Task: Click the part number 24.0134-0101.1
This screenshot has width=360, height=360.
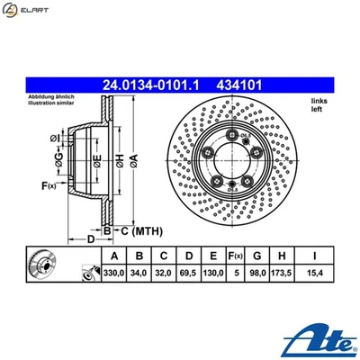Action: click(x=154, y=86)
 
